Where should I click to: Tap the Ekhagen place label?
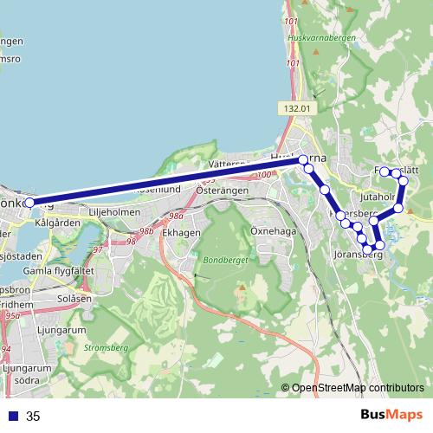181,232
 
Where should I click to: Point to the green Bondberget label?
223,260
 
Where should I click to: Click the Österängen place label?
223,191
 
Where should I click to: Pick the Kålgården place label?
57,223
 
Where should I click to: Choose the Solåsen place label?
74,298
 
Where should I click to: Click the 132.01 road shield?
295,108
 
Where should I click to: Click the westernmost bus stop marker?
29,203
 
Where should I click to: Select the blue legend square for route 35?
12,417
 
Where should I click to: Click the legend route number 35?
33,417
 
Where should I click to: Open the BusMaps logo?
391,415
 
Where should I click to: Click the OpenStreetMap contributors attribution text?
358,388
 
